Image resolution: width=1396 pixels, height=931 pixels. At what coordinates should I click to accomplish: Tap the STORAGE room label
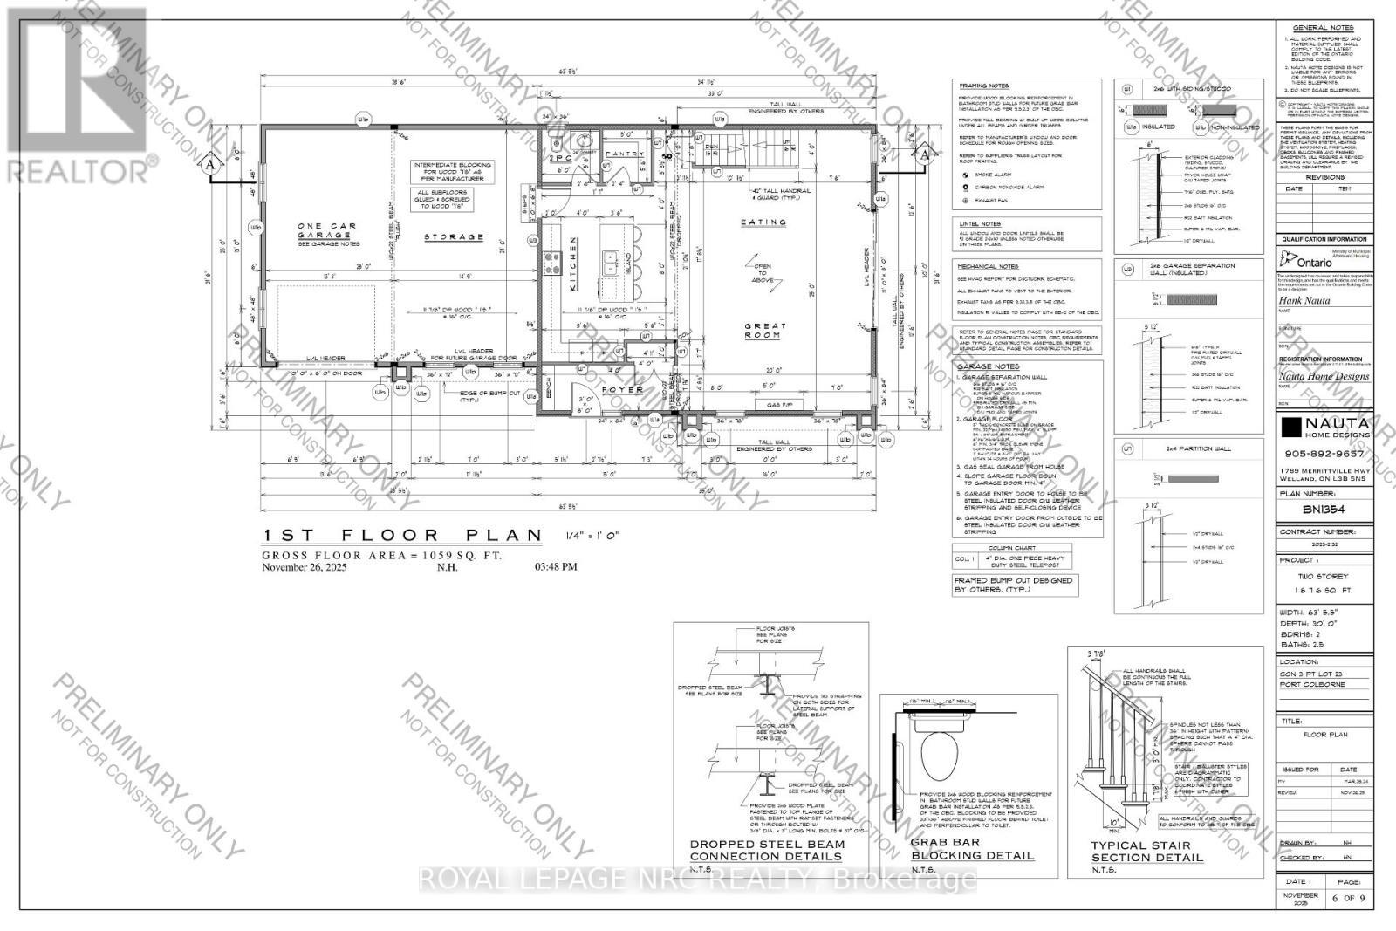point(454,236)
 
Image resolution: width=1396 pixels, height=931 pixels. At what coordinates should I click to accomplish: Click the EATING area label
point(763,222)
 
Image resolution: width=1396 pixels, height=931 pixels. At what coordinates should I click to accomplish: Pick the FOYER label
point(623,390)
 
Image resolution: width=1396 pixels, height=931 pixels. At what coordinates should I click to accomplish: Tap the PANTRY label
point(625,154)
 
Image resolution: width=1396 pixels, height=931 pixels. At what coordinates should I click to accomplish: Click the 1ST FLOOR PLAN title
point(407,535)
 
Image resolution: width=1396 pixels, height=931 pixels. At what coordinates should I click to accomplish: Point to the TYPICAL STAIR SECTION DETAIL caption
point(1146,852)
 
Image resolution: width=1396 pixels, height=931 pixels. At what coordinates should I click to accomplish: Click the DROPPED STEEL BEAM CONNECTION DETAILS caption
point(768,851)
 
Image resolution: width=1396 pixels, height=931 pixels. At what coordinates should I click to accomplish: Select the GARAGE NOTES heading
point(989,366)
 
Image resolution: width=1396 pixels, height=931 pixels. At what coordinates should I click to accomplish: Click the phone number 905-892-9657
point(1325,453)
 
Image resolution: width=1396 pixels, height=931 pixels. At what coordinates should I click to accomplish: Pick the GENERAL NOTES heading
point(1323,28)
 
